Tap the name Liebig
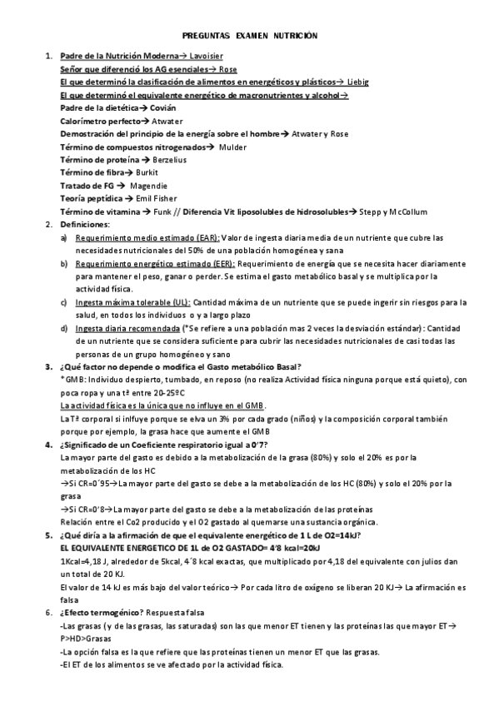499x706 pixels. (357, 82)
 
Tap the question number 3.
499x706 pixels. (47, 367)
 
